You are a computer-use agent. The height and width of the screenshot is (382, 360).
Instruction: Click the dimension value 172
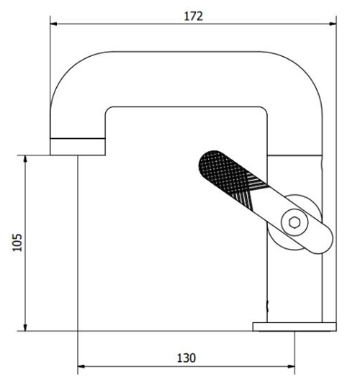(x=193, y=17)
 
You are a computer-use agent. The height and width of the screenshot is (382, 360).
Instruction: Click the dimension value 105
(x=17, y=242)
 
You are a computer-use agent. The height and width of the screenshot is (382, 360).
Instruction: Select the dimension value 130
(x=186, y=358)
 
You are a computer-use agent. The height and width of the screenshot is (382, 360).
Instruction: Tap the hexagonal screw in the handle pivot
(x=294, y=222)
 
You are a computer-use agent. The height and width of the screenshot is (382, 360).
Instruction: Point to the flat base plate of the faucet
(x=294, y=327)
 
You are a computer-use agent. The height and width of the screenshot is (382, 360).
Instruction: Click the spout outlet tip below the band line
(x=78, y=147)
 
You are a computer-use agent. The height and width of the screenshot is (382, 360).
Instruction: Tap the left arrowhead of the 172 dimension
(x=53, y=24)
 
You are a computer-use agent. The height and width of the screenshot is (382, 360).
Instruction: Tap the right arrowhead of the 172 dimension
(x=333, y=24)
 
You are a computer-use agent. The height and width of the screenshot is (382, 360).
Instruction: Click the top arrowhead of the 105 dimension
(x=24, y=159)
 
